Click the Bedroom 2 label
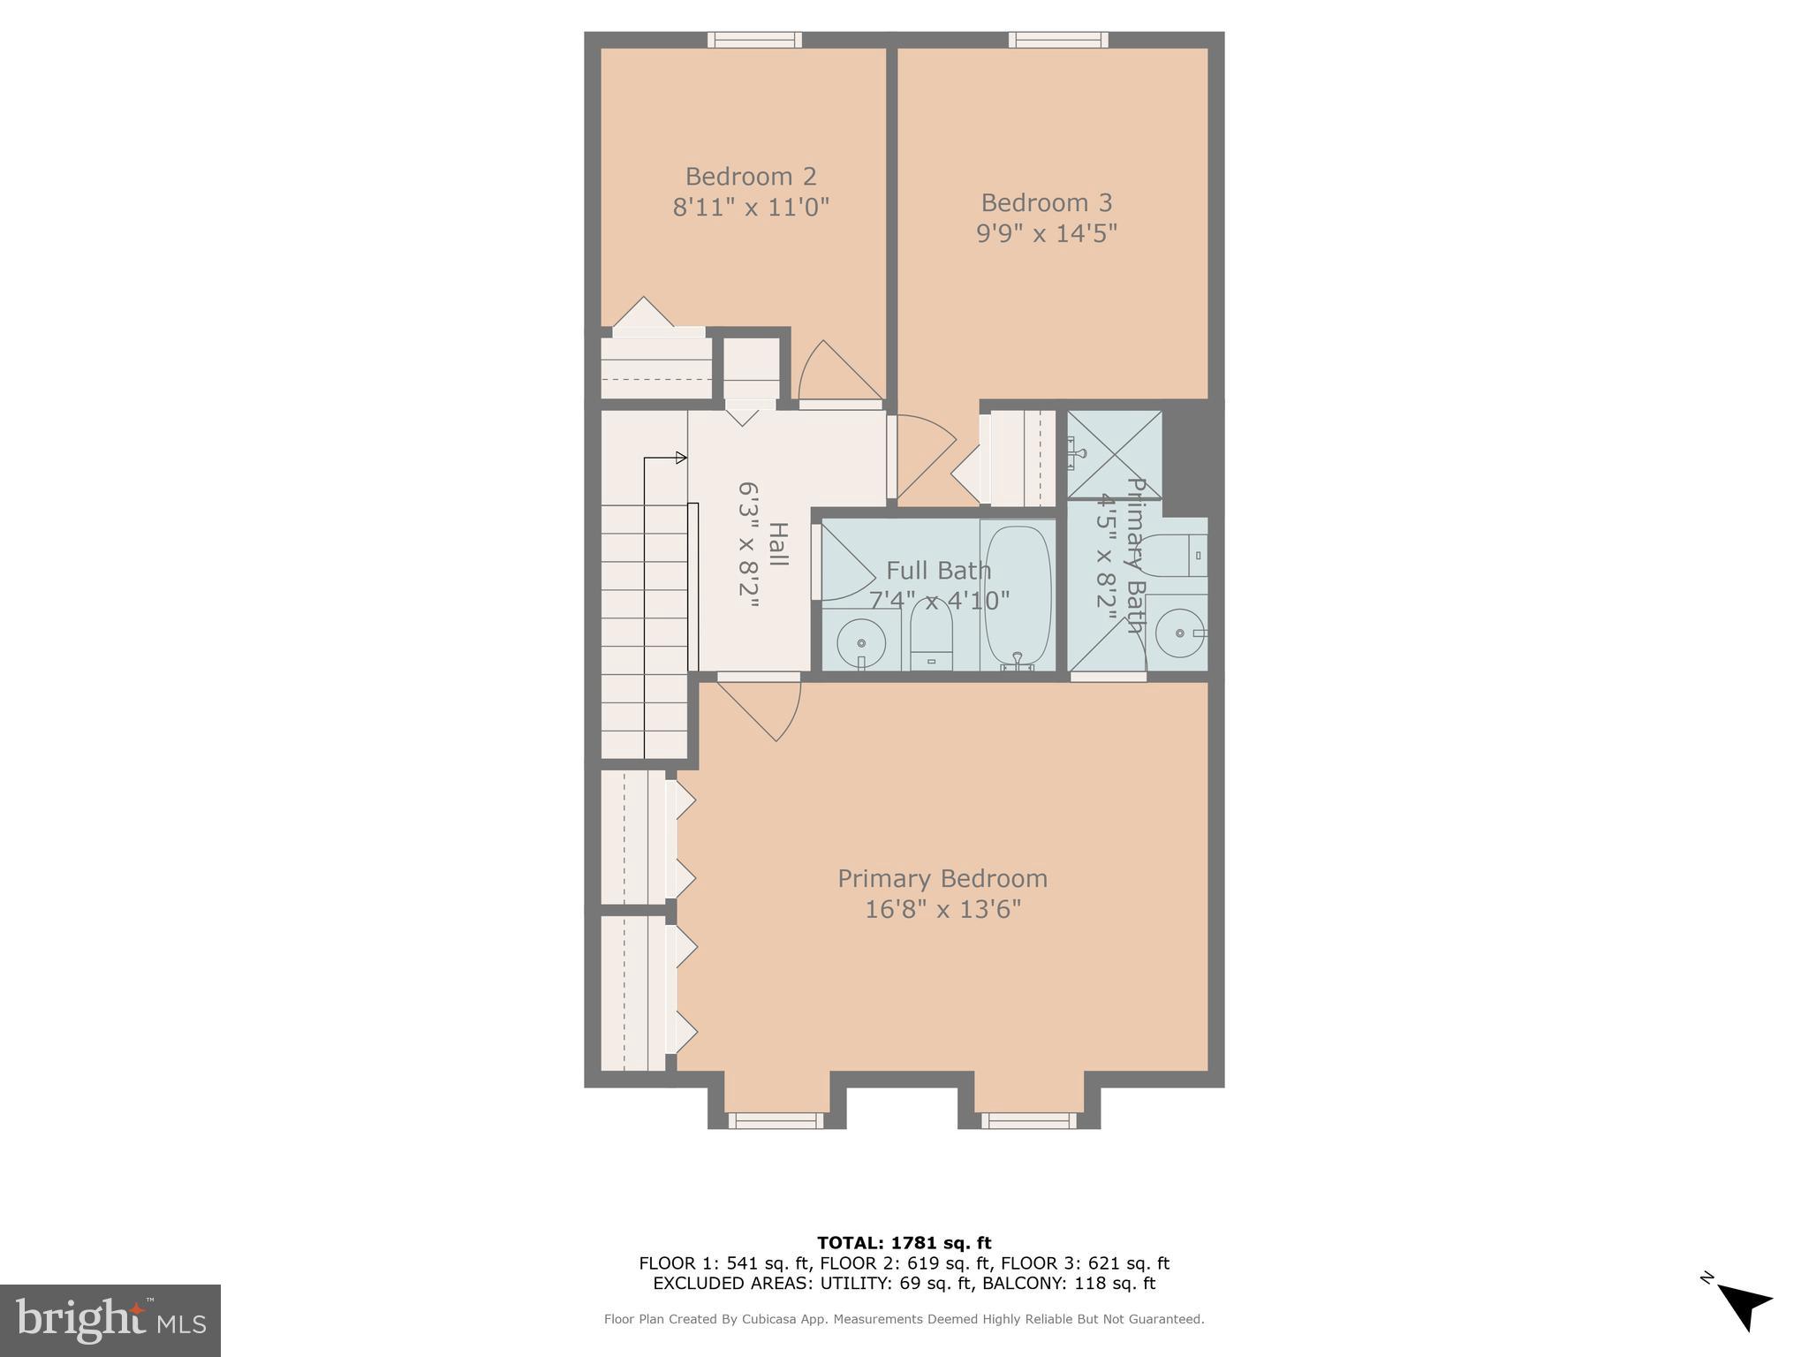pos(751,177)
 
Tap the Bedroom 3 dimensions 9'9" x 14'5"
pos(1047,233)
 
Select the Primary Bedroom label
pos(942,878)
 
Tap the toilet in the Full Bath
pos(931,634)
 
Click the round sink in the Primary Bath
pos(1180,633)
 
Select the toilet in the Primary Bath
pos(1175,555)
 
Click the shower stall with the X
pos(1115,454)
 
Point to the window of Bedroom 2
pos(754,40)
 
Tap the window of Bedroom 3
pos(1058,40)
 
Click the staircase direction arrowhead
pos(681,458)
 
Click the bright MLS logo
pos(110,1320)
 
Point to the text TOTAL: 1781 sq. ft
pos(904,1243)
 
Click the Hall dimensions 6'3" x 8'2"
pos(749,544)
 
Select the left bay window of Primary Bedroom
pos(776,1120)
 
